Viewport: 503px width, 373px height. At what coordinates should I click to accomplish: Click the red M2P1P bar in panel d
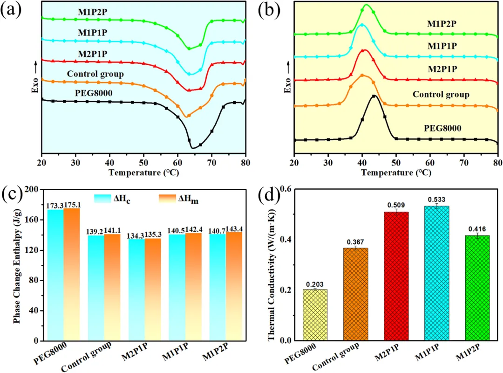[x=396, y=276]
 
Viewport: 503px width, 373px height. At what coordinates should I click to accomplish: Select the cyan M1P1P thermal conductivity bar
[x=436, y=273]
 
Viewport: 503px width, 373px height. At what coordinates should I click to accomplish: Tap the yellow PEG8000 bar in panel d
[x=315, y=315]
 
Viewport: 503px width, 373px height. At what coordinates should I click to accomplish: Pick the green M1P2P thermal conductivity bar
[x=477, y=288]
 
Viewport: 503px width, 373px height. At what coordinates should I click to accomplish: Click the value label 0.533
[x=436, y=200]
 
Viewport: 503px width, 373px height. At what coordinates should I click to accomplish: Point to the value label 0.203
[x=315, y=284]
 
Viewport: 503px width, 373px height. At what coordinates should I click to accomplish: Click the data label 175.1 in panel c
[x=72, y=205]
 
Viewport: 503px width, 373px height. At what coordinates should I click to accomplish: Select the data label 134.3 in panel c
[x=136, y=236]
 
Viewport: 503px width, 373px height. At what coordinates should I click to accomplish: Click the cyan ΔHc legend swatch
[x=102, y=199]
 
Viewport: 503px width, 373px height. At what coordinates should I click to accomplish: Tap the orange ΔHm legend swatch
[x=167, y=199]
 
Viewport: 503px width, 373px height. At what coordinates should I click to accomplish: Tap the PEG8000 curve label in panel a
[x=94, y=93]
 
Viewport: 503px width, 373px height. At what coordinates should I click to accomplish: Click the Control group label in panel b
[x=441, y=95]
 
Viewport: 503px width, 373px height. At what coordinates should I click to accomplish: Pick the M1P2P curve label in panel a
[x=92, y=12]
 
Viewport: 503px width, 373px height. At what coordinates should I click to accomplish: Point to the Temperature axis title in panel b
[x=396, y=173]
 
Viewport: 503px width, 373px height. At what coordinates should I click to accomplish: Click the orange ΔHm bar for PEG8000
[x=72, y=274]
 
